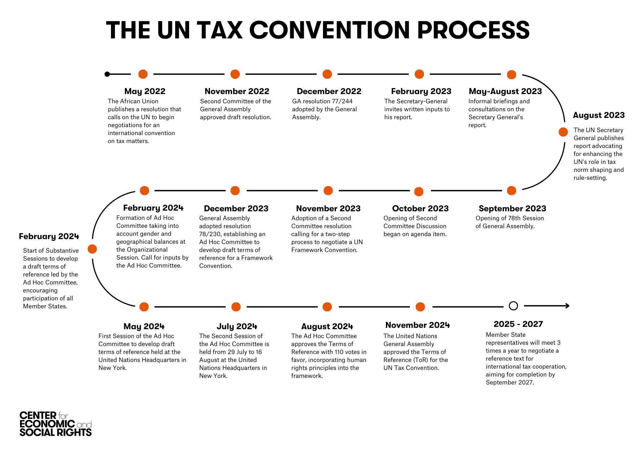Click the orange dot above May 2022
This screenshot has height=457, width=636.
tap(143, 74)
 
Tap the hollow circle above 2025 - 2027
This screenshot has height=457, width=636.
tap(513, 306)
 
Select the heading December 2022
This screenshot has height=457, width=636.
tap(329, 91)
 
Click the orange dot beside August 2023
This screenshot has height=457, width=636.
tap(563, 132)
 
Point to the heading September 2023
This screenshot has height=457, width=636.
tap(512, 208)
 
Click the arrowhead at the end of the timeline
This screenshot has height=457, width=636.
tap(567, 306)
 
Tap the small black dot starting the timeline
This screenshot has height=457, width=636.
tap(107, 74)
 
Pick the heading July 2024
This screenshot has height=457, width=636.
tap(237, 326)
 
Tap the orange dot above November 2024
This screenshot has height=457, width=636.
tap(420, 307)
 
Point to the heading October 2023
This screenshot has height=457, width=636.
tap(420, 208)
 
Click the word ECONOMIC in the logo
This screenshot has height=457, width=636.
tap(47, 424)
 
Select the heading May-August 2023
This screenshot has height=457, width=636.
tap(505, 91)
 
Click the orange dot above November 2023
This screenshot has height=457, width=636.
tap(328, 191)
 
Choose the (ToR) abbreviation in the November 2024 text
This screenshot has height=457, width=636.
tap(422, 360)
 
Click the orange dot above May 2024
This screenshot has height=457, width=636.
tap(144, 307)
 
